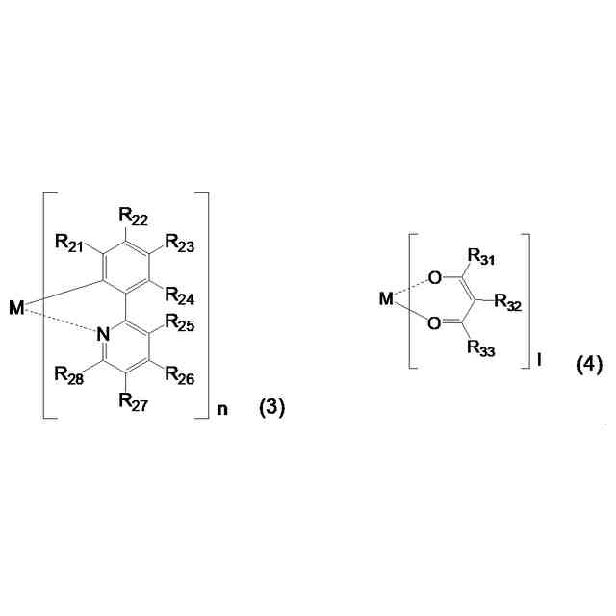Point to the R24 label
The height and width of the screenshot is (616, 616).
(x=179, y=295)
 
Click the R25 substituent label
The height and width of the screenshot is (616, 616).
(x=179, y=321)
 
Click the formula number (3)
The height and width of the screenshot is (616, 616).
(x=272, y=409)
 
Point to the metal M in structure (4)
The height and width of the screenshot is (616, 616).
(x=386, y=298)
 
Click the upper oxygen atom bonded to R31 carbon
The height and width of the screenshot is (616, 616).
(x=436, y=278)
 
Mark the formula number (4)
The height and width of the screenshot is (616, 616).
(x=589, y=365)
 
